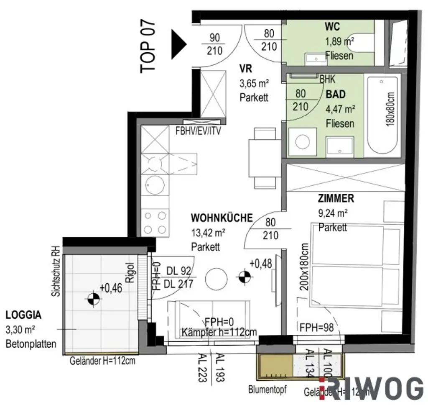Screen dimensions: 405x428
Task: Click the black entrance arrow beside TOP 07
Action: pyautogui.click(x=178, y=44)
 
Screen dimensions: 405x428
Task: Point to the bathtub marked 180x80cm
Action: pyautogui.click(x=383, y=115)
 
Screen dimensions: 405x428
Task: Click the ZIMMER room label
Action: pyautogui.click(x=336, y=198)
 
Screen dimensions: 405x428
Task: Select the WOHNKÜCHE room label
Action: pyautogui.click(x=222, y=218)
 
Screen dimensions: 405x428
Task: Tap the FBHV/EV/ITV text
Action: pyautogui.click(x=198, y=131)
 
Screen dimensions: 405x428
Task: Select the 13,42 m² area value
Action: pyautogui.click(x=209, y=233)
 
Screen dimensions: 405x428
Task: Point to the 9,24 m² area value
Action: pyautogui.click(x=333, y=213)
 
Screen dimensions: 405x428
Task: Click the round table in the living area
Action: pyautogui.click(x=217, y=278)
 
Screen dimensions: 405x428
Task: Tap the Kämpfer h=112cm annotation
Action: pyautogui.click(x=219, y=332)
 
